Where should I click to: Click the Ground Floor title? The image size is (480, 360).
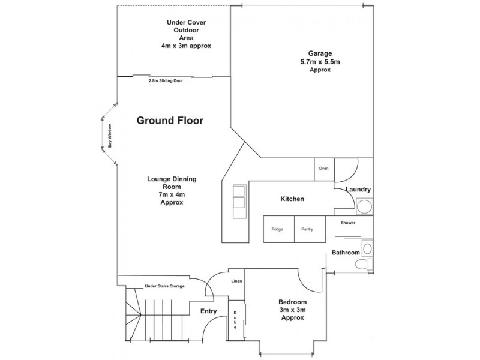click(170, 121)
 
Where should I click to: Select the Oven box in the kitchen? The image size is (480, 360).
click(323, 169)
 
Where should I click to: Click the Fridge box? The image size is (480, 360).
click(277, 229)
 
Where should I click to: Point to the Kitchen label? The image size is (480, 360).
click(292, 199)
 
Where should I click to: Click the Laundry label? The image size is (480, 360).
click(358, 190)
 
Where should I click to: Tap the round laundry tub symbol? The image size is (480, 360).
click(363, 208)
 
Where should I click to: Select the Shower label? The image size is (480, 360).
click(348, 223)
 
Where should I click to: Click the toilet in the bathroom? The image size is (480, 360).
click(362, 264)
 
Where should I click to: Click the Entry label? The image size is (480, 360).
click(208, 311)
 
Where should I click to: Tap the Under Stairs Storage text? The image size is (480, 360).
click(164, 286)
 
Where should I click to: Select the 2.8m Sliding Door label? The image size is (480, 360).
click(166, 80)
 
